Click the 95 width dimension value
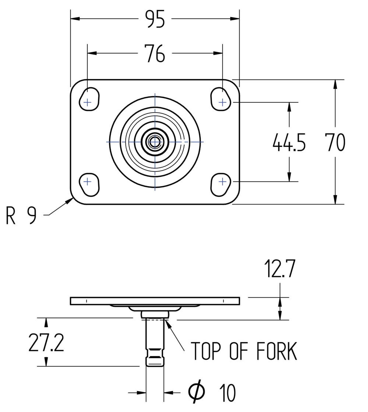[155, 19]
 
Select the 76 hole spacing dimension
[155, 54]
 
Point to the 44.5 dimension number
[289, 142]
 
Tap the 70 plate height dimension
[335, 142]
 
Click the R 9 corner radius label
[21, 215]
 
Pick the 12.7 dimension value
[280, 270]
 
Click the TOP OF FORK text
[244, 352]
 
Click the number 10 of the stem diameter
[228, 393]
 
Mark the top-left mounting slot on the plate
[89, 99]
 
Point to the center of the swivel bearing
[155, 142]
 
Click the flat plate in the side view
[155, 301]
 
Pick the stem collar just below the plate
[155, 314]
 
